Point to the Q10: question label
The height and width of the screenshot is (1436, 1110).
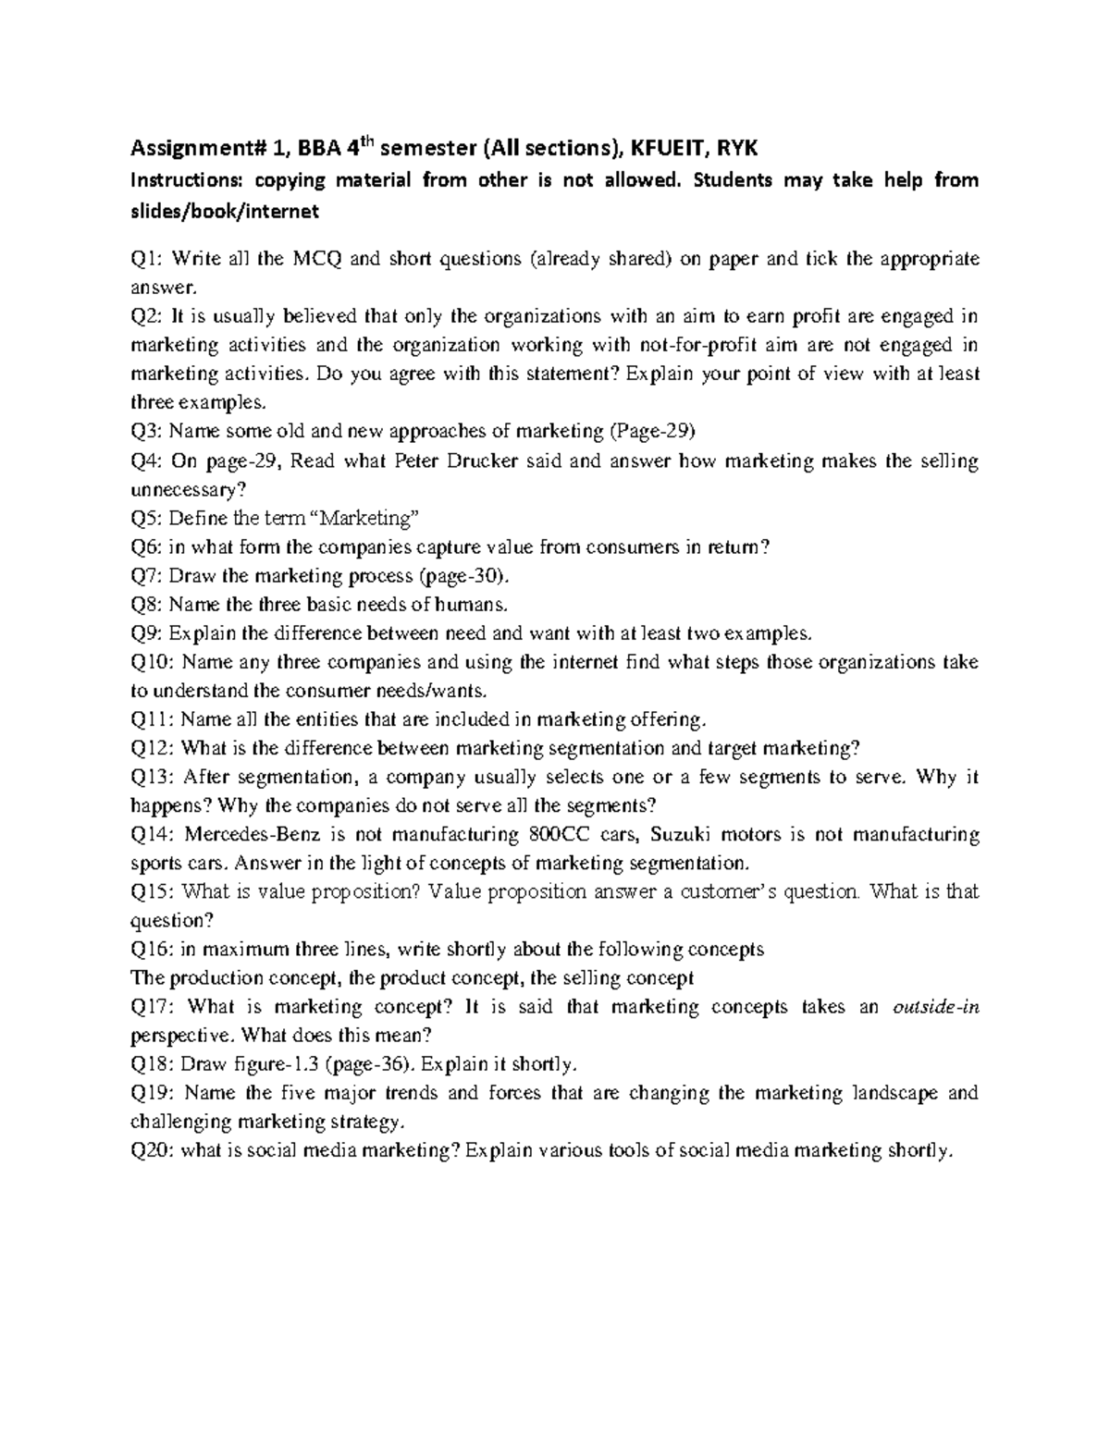coord(153,662)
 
